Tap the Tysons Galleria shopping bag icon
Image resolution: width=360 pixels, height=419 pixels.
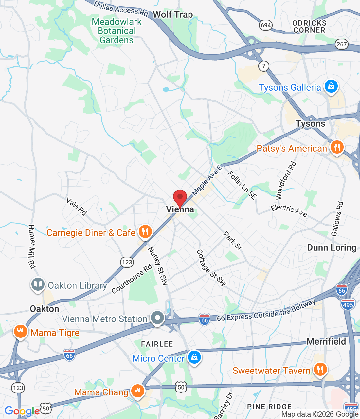(x=331, y=87)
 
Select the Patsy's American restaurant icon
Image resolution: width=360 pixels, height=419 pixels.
(x=336, y=147)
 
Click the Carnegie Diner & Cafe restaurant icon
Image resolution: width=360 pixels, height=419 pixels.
(x=145, y=232)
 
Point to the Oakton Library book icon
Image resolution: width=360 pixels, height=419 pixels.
(x=38, y=284)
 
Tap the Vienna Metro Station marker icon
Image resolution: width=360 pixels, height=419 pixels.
(x=157, y=318)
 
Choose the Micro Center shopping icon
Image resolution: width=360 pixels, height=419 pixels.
(x=194, y=357)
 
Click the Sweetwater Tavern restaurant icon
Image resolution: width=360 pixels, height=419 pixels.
(x=320, y=370)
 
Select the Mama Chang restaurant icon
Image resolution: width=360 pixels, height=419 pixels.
(x=137, y=391)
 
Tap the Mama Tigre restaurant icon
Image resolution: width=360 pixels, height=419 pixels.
(x=20, y=332)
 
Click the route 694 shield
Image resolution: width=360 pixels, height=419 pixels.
(x=266, y=25)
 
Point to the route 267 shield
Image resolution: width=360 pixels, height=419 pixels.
(x=341, y=44)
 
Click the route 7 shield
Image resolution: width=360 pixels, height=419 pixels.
(x=264, y=66)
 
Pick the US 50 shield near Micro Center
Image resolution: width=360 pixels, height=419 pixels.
(x=181, y=387)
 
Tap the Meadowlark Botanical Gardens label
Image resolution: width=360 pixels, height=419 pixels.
(x=117, y=31)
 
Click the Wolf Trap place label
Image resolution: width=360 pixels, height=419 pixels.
(x=173, y=15)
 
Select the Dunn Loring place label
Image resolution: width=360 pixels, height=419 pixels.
(x=332, y=248)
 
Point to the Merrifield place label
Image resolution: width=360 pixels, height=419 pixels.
(x=326, y=341)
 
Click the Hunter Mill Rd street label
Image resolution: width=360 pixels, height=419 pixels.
(x=32, y=246)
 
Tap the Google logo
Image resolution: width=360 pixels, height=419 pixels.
(x=22, y=411)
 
